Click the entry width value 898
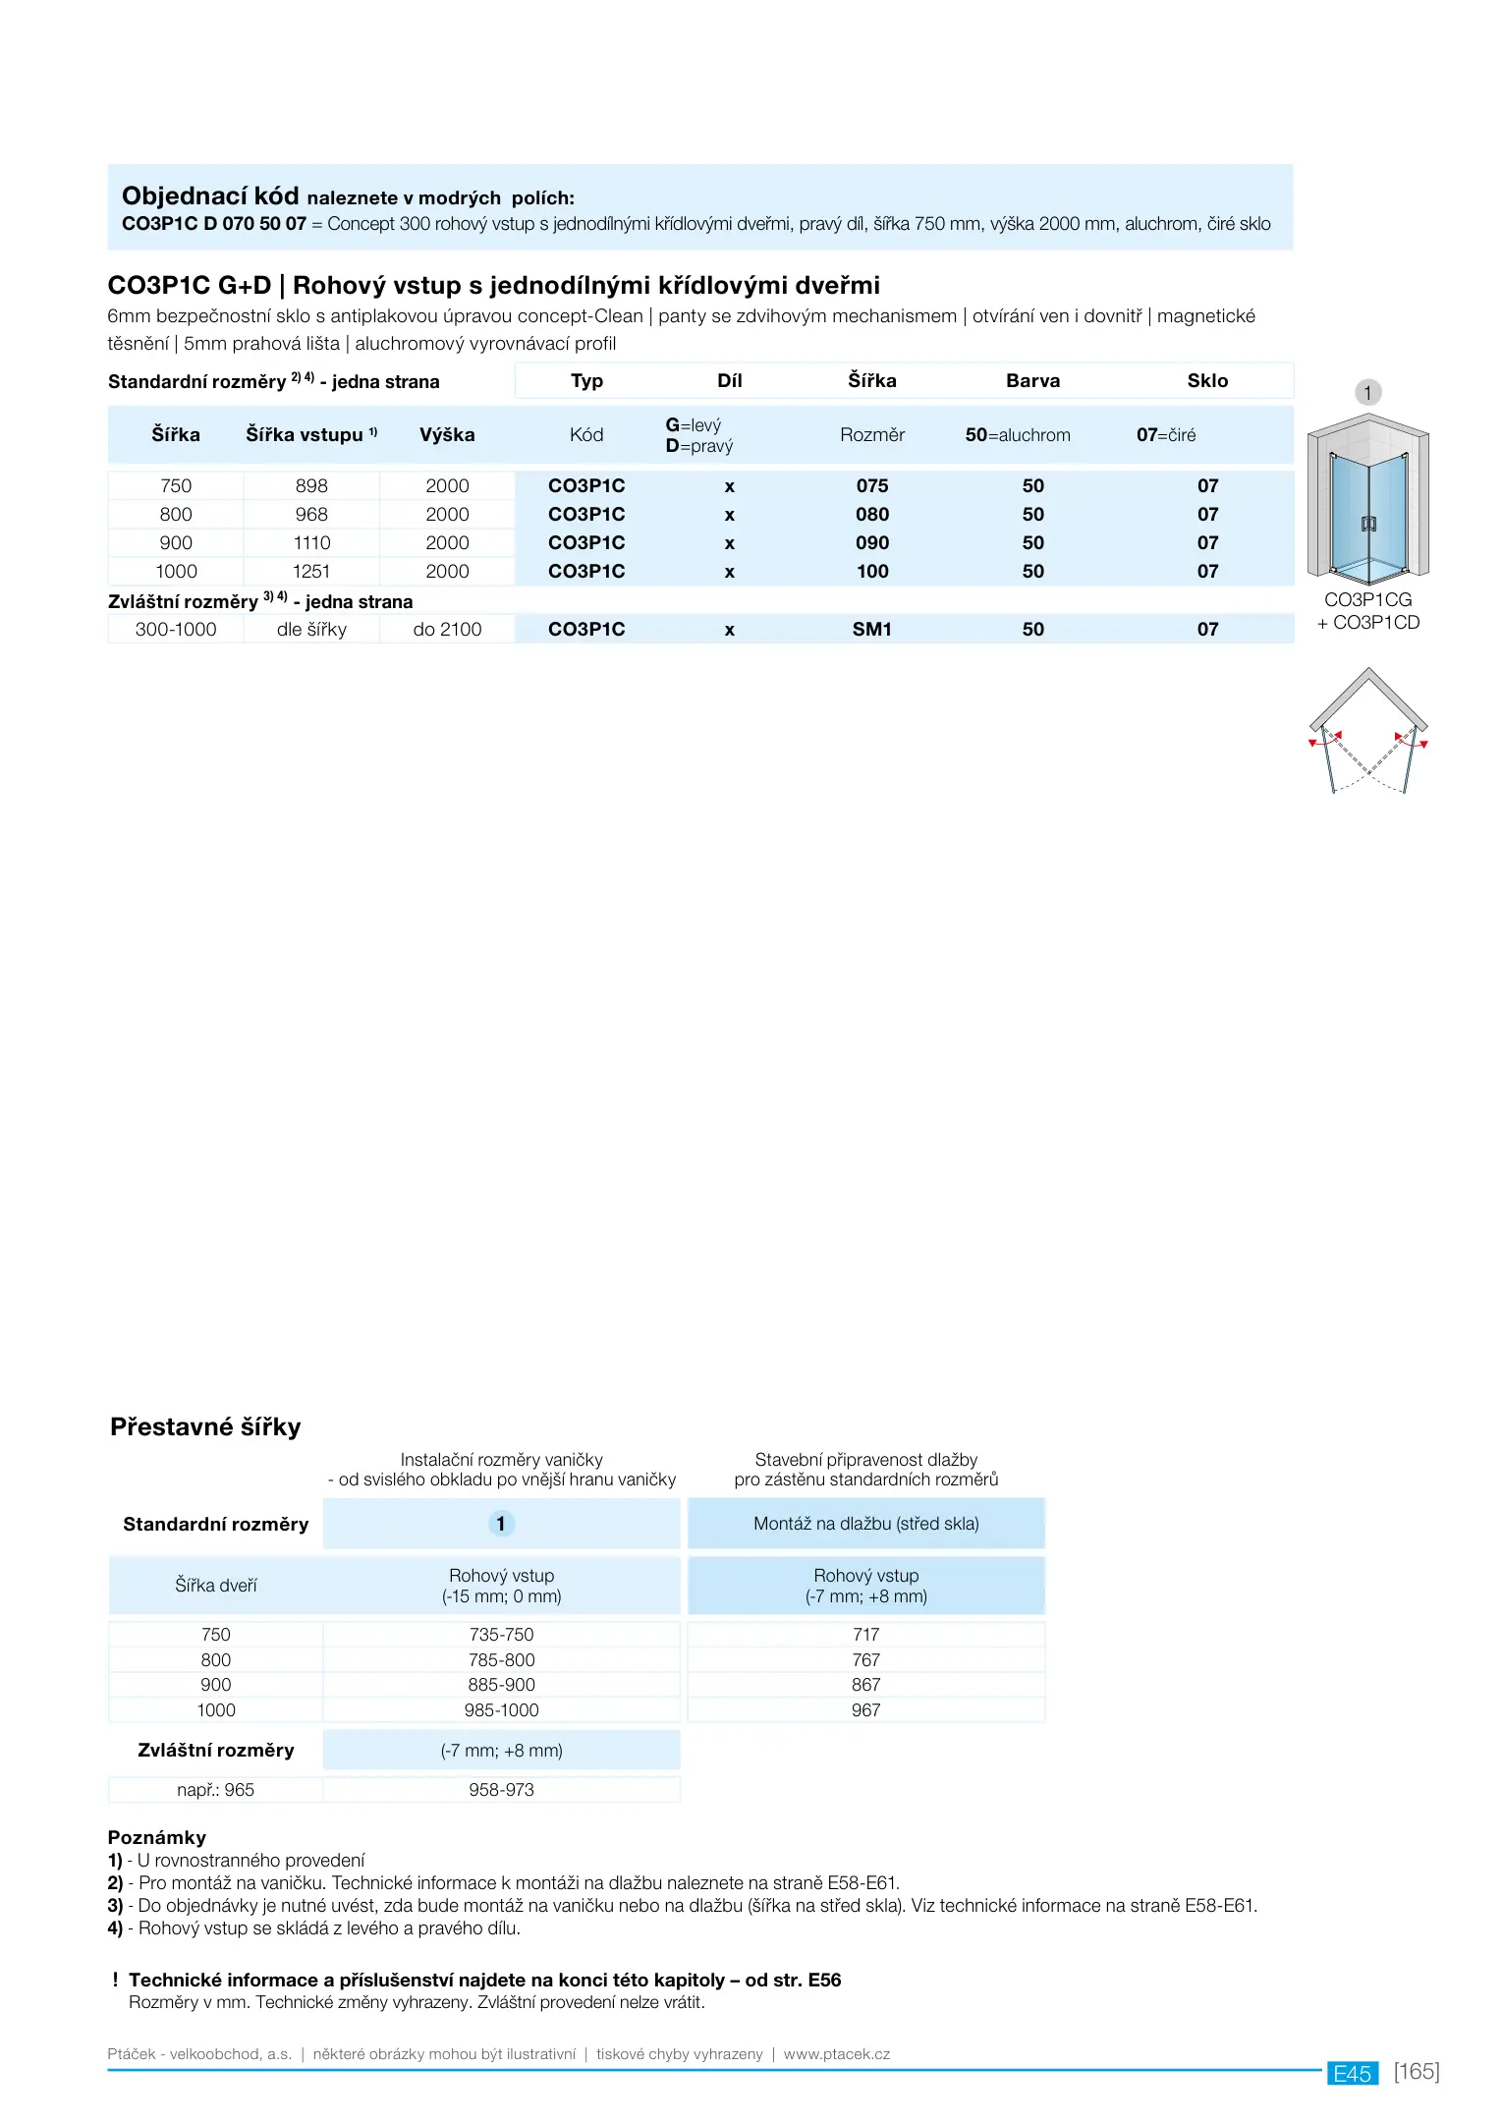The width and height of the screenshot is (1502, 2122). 311,485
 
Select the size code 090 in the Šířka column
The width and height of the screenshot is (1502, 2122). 871,542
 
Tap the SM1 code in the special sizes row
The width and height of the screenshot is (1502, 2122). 871,629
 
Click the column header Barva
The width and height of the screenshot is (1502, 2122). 1032,380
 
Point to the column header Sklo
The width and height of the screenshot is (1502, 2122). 1207,380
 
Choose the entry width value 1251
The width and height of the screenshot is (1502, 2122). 311,571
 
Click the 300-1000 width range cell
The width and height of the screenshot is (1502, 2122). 176,629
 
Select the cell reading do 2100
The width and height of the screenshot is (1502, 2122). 447,629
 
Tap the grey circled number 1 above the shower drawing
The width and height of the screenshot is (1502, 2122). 1367,393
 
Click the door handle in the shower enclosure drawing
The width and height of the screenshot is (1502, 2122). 1368,523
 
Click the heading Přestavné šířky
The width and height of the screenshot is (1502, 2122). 205,1426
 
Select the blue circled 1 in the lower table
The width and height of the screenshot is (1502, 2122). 501,1524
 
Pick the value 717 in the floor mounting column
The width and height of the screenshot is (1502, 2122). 865,1635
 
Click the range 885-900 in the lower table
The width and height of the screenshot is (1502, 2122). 501,1685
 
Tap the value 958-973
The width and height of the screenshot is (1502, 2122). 501,1790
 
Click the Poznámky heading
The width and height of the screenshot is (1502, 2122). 157,1837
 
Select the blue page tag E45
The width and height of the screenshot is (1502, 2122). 1352,2074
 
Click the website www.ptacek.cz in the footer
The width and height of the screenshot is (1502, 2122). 836,2054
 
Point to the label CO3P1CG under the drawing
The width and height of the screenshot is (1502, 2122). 1367,599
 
